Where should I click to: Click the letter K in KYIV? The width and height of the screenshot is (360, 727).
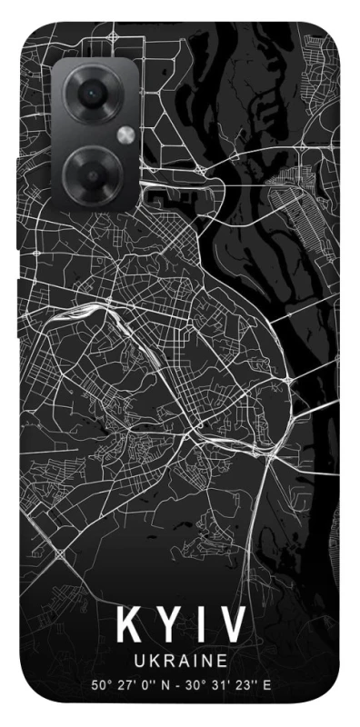[x=128, y=625]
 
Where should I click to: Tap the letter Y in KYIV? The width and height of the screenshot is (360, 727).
[x=166, y=625]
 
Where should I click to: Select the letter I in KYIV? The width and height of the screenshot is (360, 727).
[x=198, y=625]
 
